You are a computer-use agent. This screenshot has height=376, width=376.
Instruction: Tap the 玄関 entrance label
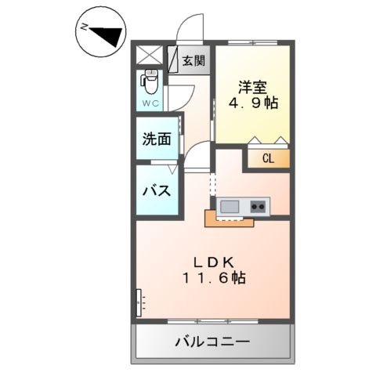tap(193, 60)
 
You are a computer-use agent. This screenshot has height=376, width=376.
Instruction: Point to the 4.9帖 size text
tap(252, 103)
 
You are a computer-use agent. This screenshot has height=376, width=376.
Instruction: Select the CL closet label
tap(268, 158)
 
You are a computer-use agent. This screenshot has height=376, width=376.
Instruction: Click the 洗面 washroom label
tap(157, 140)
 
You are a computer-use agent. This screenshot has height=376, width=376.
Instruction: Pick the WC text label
tap(150, 103)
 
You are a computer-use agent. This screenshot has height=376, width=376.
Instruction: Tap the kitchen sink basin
tap(230, 206)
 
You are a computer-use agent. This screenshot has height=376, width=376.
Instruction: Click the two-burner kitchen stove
tap(258, 206)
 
